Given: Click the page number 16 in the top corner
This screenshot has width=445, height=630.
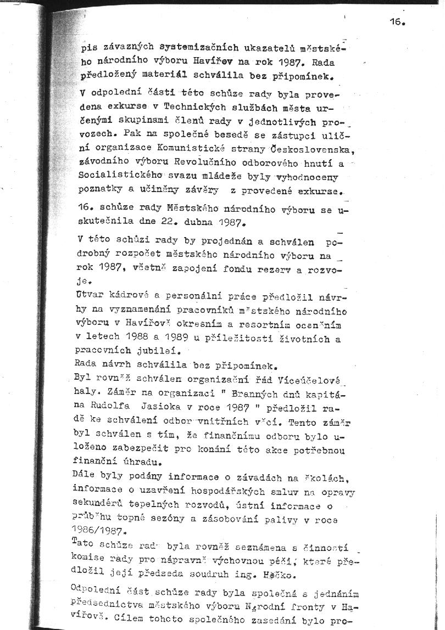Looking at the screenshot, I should click(397, 22).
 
